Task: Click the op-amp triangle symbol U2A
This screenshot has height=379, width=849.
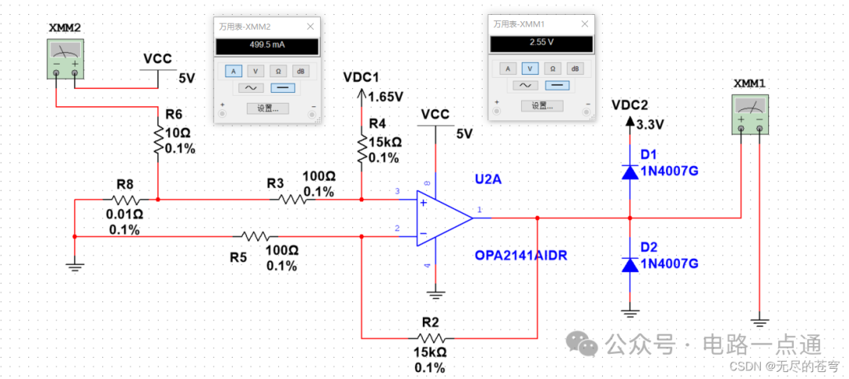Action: coord(442,217)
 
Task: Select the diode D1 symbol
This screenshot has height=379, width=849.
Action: coord(630,172)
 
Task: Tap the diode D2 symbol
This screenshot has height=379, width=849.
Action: coord(630,264)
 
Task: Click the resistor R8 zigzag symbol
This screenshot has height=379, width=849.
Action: coord(125,200)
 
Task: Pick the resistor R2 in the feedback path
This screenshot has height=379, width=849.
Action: coord(430,337)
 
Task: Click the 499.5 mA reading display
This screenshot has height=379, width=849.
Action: coord(267,46)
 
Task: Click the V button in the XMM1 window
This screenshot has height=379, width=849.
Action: coord(531,68)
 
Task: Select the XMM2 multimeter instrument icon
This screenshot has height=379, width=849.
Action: coord(65,60)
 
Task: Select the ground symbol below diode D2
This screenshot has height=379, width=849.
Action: coord(630,313)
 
